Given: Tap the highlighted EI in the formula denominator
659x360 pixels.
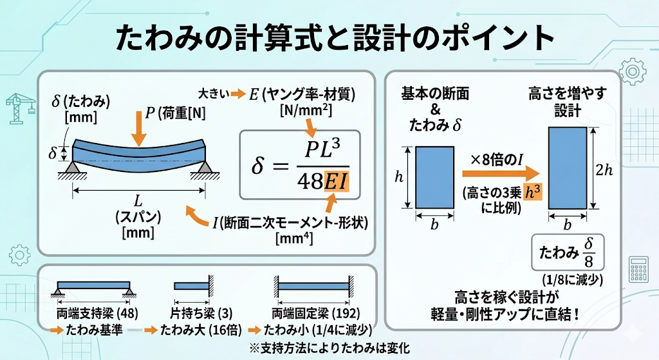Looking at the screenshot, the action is (337, 181).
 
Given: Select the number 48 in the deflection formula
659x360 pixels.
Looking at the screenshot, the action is (310, 181).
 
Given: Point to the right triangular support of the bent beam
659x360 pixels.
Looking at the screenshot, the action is (205, 167).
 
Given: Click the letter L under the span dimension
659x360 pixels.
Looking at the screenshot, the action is (138, 200).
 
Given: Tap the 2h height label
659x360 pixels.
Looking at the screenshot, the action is (604, 170).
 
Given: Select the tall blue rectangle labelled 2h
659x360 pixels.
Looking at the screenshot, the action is (568, 168).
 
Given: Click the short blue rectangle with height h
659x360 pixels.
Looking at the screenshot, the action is (434, 177).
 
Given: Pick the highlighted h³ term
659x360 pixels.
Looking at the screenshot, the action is (533, 192).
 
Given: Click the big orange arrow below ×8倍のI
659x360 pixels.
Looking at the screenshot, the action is (501, 173).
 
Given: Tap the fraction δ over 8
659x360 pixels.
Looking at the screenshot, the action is (588, 252).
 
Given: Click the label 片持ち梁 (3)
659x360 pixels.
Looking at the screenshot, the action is (201, 314).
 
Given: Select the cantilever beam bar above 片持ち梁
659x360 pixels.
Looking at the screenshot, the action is (191, 286).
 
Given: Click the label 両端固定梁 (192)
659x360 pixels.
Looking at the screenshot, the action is (315, 314).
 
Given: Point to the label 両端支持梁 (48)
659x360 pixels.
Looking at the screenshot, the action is (98, 314).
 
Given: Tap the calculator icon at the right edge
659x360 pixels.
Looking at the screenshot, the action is (638, 269).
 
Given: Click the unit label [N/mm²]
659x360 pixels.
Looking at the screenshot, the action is (306, 111).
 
